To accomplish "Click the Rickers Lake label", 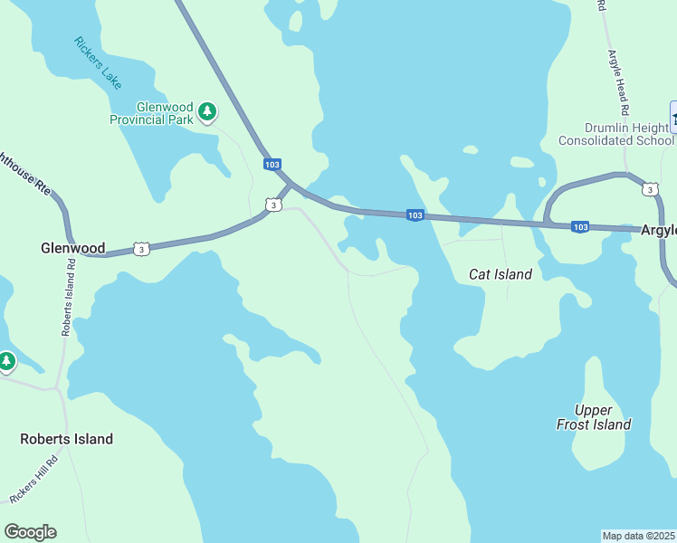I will pyautogui.click(x=98, y=62).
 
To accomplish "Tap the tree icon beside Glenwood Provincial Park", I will pyautogui.click(x=207, y=111).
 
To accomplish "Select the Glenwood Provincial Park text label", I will pyautogui.click(x=152, y=112).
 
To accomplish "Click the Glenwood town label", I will pyautogui.click(x=73, y=248).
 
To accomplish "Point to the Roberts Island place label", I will pyautogui.click(x=67, y=439).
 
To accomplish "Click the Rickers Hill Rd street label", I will pyautogui.click(x=33, y=479).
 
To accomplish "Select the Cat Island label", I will pyautogui.click(x=501, y=273).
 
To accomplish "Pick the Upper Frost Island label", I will pyautogui.click(x=594, y=417).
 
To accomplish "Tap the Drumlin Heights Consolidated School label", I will pyautogui.click(x=616, y=134).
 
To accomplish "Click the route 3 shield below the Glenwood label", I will pyautogui.click(x=140, y=248).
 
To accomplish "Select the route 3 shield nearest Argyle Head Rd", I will pyautogui.click(x=650, y=188).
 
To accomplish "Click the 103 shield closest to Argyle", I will pyautogui.click(x=581, y=226).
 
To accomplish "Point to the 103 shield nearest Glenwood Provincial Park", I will pyautogui.click(x=272, y=164).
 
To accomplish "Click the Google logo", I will pyautogui.click(x=30, y=532).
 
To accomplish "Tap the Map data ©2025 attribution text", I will pyautogui.click(x=639, y=536).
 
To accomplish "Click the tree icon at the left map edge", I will pyautogui.click(x=6, y=362).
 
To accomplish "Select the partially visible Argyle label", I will pyautogui.click(x=659, y=230).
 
